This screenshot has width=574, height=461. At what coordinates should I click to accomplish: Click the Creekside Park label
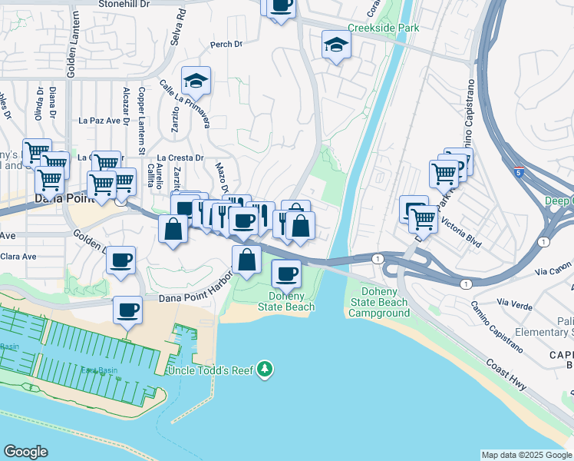(383, 28)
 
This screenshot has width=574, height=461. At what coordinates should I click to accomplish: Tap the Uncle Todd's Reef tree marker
(265, 370)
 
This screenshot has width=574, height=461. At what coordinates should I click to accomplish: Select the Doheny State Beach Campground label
(379, 302)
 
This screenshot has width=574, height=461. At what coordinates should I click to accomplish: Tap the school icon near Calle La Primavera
(196, 80)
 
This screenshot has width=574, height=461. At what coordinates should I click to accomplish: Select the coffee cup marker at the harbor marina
(127, 310)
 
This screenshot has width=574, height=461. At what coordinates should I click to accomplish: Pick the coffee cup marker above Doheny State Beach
(287, 273)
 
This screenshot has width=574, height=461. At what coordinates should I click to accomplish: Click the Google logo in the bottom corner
(25, 452)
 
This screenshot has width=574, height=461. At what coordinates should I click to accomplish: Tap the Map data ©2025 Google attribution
(526, 455)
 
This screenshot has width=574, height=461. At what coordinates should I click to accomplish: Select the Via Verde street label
(514, 303)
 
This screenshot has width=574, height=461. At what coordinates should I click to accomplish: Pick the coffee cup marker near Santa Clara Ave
(120, 260)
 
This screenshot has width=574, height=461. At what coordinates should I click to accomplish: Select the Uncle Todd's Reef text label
(216, 370)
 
